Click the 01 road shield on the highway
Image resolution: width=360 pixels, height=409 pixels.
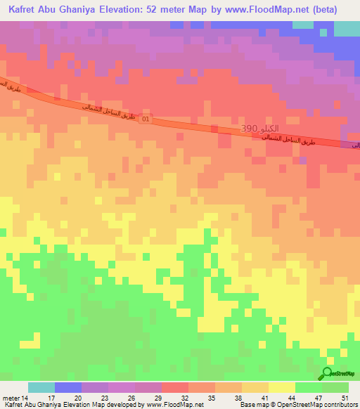146,120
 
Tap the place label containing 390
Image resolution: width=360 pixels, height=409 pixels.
257,130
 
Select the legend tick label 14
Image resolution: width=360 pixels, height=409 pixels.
25,398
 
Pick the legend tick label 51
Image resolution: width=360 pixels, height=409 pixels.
345,398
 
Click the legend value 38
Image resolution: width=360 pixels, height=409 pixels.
238,398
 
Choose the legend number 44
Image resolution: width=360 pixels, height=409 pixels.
291,398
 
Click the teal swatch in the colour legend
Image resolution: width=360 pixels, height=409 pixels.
41,387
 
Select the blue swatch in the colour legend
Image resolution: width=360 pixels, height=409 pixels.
67,387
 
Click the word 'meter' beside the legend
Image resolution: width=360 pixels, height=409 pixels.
11,398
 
